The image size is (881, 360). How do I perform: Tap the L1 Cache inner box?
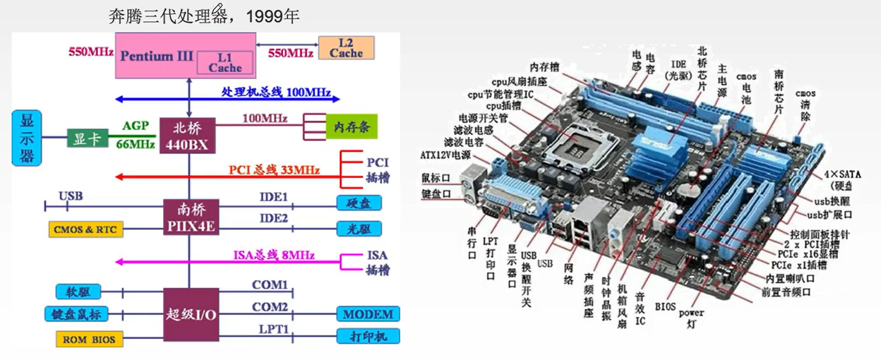224,62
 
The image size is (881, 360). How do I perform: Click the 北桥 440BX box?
188,136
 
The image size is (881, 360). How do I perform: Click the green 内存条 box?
351,127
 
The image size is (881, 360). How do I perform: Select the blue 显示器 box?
27,138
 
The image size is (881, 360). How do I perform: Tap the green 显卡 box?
86,138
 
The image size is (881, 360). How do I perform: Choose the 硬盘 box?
359,203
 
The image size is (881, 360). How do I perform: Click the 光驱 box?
359,229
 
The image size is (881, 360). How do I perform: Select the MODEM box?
368,313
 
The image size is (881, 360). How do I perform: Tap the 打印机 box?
368,336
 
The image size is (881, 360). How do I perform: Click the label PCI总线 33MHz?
274,170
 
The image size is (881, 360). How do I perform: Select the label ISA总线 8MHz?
274,256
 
